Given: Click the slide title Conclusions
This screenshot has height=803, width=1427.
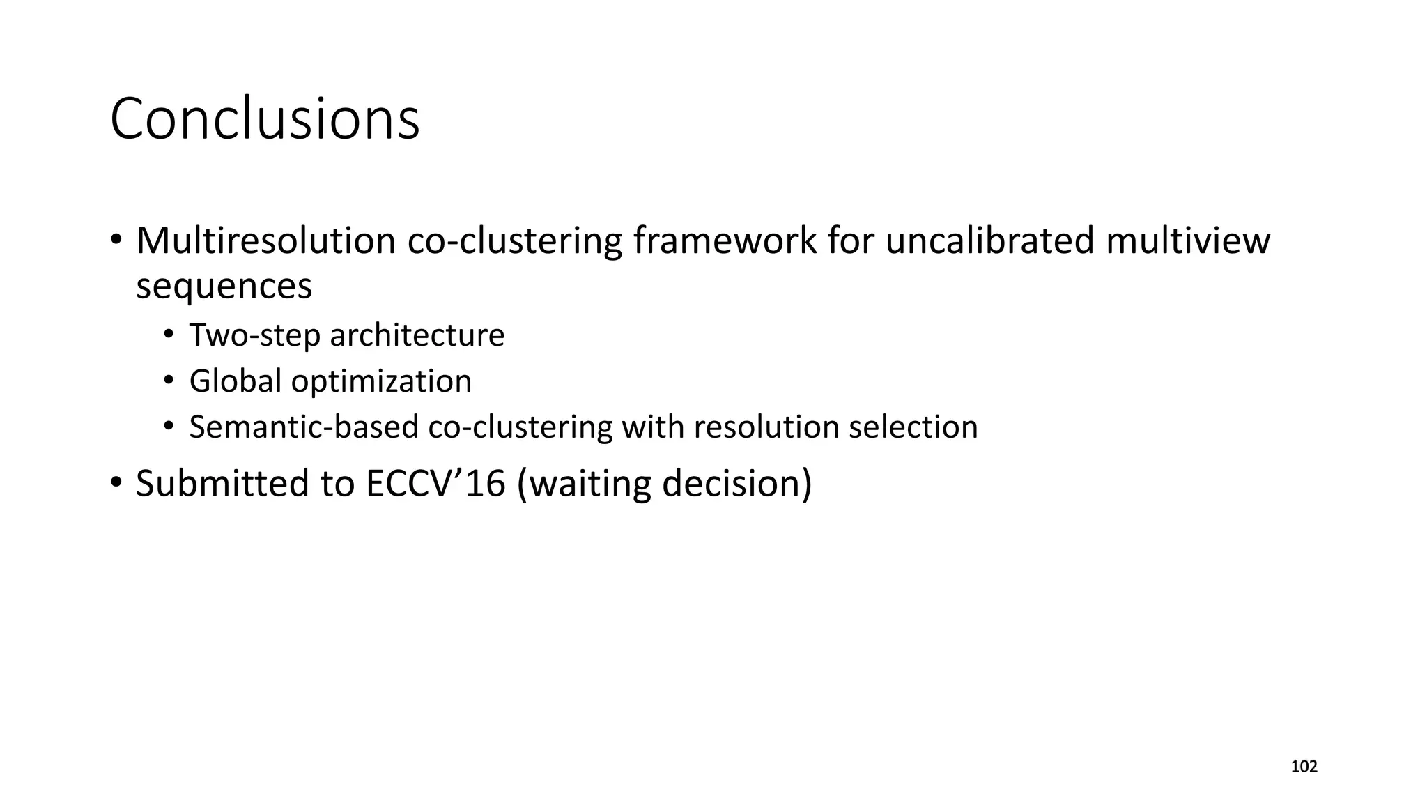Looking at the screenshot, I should tap(265, 118).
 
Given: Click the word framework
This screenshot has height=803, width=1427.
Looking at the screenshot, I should tap(725, 240).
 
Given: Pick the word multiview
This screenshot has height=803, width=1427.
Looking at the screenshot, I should tap(1188, 240).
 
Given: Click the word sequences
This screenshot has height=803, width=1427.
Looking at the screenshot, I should tap(224, 286).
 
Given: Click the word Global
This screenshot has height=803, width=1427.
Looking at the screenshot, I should tap(235, 381).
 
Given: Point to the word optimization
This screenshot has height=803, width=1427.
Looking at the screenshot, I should tap(381, 381).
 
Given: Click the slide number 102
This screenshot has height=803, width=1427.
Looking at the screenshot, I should tap(1304, 767).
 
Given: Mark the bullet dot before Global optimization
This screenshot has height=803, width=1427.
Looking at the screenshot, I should tap(168, 381).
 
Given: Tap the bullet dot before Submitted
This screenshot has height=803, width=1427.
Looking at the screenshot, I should tap(116, 482).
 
